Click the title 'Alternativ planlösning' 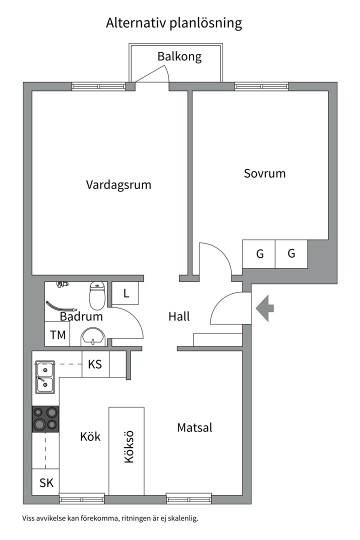[x=174, y=23]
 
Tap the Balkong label [x=179, y=56]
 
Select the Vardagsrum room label [x=118, y=184]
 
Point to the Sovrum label [x=264, y=173]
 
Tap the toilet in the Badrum [x=96, y=295]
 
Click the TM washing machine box [x=58, y=335]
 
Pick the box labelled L [x=125, y=293]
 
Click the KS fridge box [x=95, y=364]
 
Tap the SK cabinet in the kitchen [x=46, y=482]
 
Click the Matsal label [x=194, y=427]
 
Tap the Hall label [x=179, y=316]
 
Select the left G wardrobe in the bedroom [x=259, y=254]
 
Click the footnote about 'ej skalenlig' [x=110, y=518]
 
